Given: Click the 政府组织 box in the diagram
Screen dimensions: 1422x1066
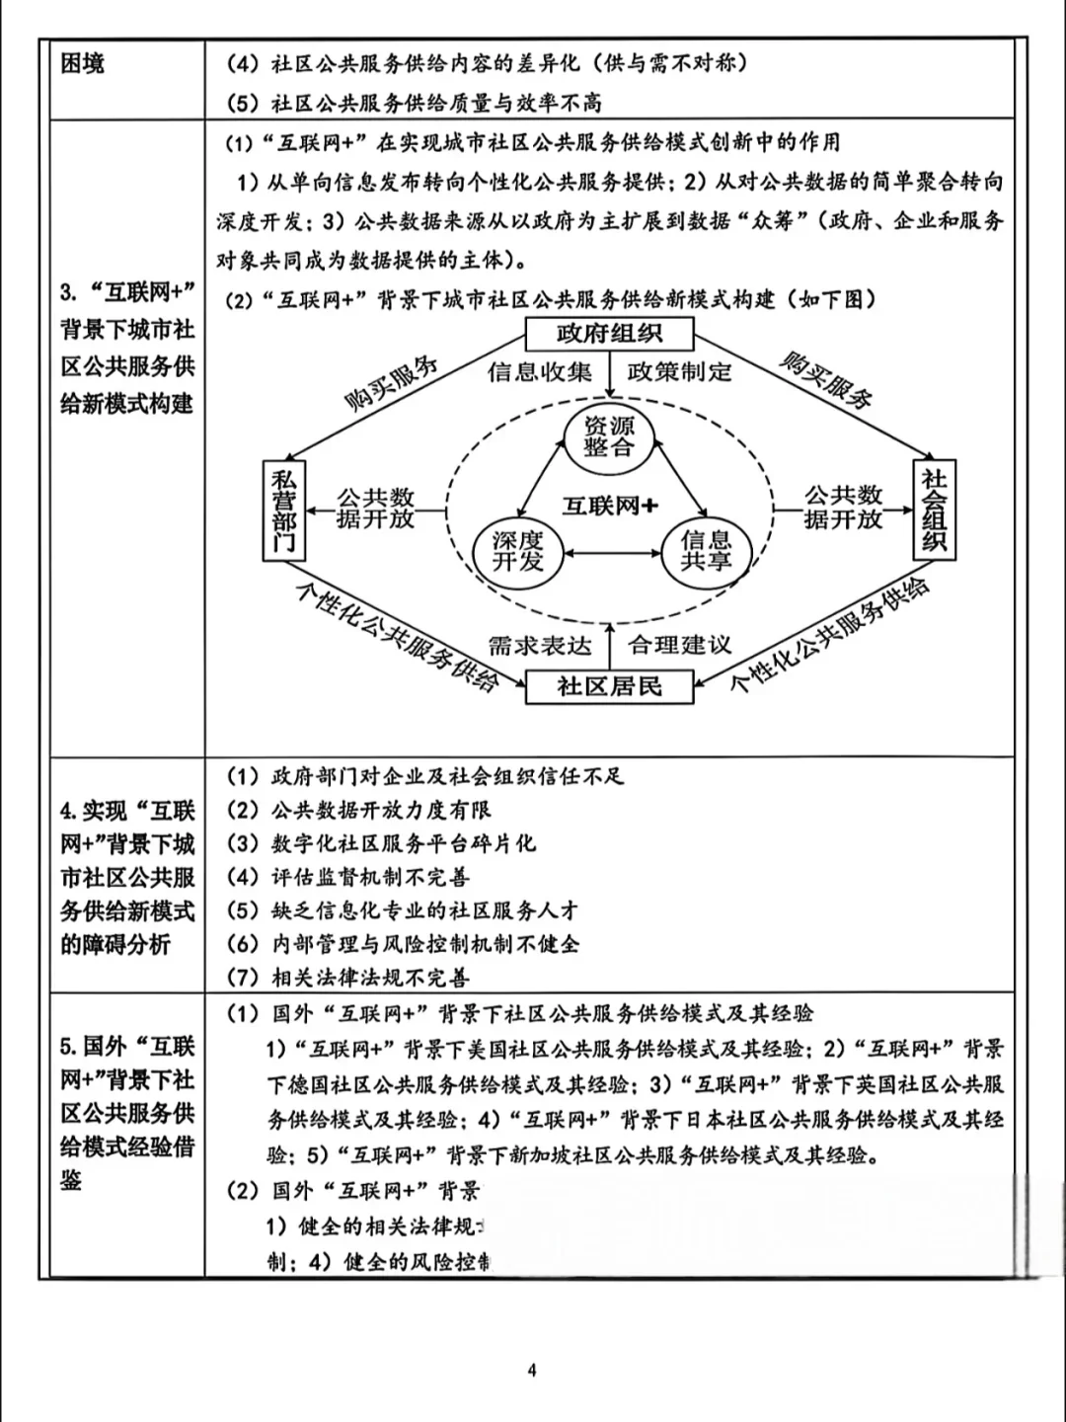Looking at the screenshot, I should pos(609,333).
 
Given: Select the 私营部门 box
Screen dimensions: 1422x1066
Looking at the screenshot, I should pos(284,511).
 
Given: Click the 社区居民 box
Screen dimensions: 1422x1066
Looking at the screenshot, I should pos(609,686).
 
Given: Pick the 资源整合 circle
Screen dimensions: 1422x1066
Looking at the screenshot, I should pos(609,435).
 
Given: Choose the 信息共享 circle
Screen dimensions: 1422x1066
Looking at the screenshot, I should pos(705,551).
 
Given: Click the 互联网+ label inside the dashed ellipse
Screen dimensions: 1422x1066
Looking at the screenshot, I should pos(610,506).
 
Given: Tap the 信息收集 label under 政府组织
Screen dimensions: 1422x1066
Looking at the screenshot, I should pos(540,372).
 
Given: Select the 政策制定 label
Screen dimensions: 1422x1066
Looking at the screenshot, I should pos(680,372).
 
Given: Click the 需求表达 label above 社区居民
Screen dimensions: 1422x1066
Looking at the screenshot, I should pos(540,646).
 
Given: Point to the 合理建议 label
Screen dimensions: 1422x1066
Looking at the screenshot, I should pos(681,646).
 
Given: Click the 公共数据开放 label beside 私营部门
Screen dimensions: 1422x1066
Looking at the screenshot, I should pos(375,508).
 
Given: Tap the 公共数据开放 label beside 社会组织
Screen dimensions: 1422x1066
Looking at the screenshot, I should pos(843,507).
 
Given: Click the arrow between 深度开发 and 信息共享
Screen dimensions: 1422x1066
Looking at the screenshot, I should pos(611,553).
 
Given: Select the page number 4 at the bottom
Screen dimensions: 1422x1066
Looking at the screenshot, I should pos(532,1370).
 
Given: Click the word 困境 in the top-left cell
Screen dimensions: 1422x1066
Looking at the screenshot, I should pos(83,64).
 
